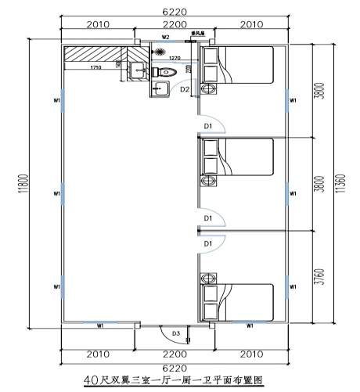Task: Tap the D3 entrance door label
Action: [176, 333]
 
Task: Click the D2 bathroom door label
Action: [185, 90]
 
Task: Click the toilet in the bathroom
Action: [187, 71]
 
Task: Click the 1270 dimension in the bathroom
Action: [174, 59]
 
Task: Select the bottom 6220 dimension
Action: [175, 365]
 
